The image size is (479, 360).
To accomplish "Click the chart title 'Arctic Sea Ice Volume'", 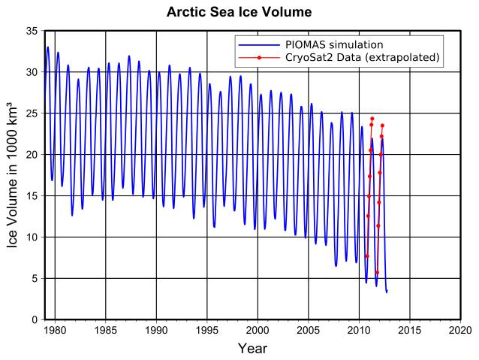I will point(239,12).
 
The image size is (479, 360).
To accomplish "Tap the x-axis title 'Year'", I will point(252,349).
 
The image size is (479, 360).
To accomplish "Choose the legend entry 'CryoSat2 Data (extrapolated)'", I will point(361,57).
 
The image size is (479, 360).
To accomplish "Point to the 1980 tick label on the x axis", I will point(55,330).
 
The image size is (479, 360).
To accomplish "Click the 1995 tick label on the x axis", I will point(207,330).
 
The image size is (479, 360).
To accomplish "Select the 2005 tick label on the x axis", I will point(309,330).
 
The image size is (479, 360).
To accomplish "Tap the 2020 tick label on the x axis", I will point(460,330).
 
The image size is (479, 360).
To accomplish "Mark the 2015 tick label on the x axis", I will point(410,330).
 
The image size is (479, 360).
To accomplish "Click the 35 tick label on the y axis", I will point(32,31).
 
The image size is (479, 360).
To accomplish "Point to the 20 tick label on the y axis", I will point(32,154).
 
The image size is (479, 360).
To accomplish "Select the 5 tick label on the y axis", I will point(35,278).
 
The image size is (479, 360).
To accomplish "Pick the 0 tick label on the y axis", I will point(35,319).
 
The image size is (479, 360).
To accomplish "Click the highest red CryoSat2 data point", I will point(372,119).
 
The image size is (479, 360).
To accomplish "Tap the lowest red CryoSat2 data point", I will point(377,273).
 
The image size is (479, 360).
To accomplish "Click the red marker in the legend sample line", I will point(259,57).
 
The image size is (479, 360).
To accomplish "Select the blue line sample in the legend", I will point(259,45).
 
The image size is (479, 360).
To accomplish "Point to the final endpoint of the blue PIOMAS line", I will point(387,292).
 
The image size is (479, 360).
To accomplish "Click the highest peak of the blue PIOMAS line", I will point(48,47).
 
